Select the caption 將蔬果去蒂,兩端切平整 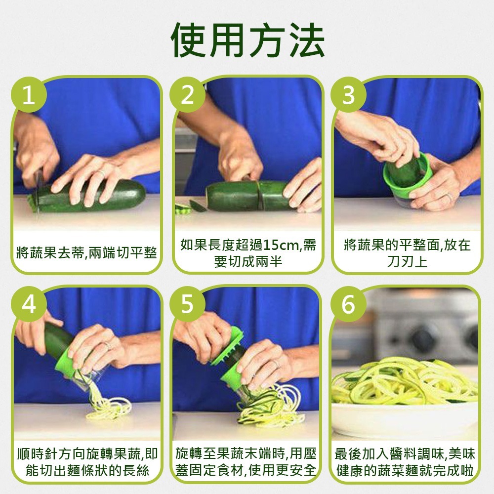pyautogui.click(x=86, y=253)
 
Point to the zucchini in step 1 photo pyautogui.click(x=123, y=194)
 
